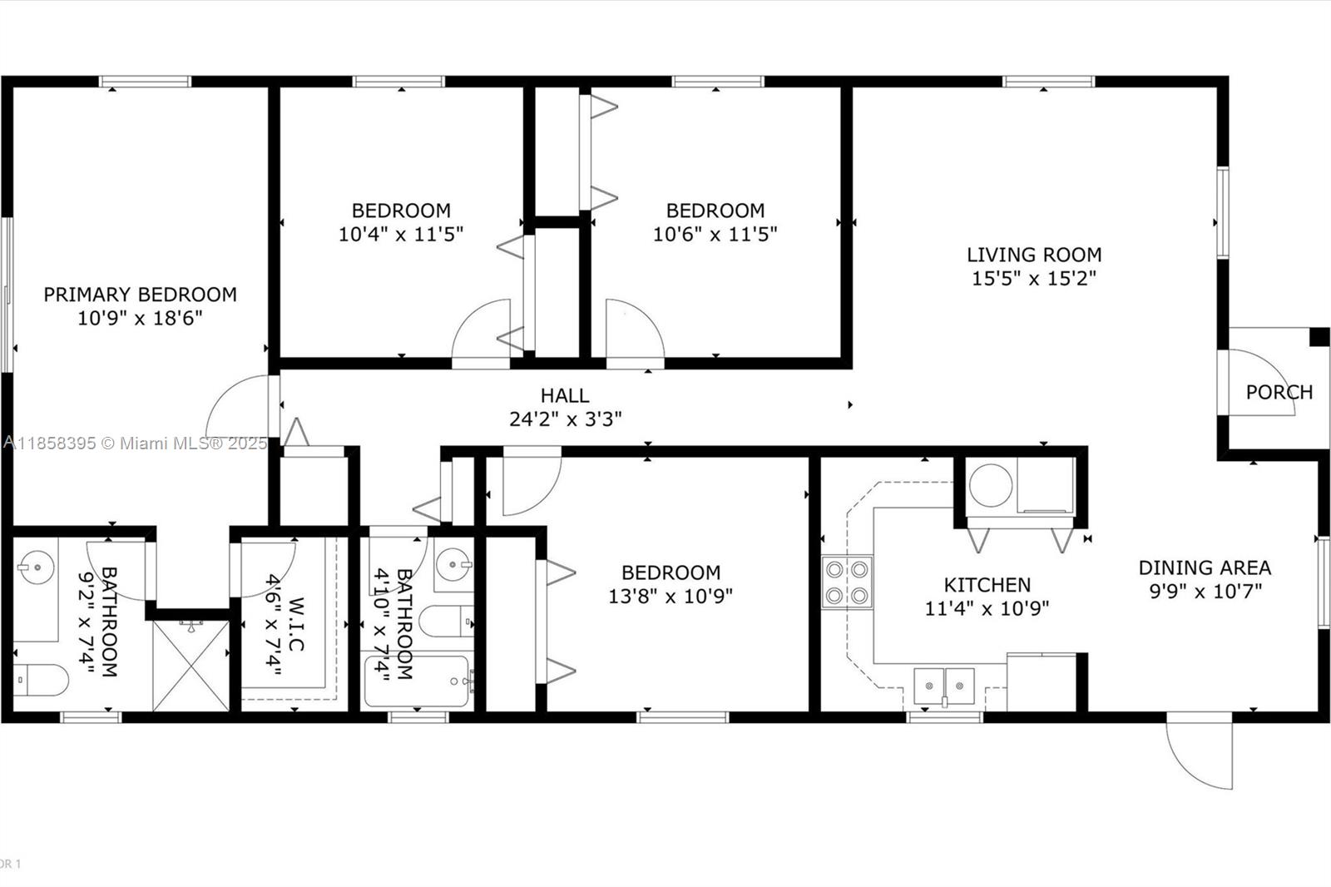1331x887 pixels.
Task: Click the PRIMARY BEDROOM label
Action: (x=141, y=295)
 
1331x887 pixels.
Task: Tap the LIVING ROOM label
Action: (x=1034, y=255)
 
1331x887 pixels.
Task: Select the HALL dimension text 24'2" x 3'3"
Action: (x=565, y=419)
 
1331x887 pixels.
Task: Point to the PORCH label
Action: (x=1279, y=393)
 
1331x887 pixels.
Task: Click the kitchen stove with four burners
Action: (x=847, y=582)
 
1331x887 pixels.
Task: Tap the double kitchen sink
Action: (x=943, y=686)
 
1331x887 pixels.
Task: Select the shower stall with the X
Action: (x=190, y=666)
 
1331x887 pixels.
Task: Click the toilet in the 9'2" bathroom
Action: (x=41, y=680)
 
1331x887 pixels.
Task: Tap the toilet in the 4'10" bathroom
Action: (x=446, y=622)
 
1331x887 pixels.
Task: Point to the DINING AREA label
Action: (x=1205, y=567)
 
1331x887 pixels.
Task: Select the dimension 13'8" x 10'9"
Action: (x=670, y=596)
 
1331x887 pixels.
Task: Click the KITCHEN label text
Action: (x=987, y=585)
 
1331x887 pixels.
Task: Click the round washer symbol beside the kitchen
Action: (x=991, y=485)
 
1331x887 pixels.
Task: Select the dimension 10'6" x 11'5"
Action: (x=715, y=235)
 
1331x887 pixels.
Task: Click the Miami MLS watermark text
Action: (x=136, y=443)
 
